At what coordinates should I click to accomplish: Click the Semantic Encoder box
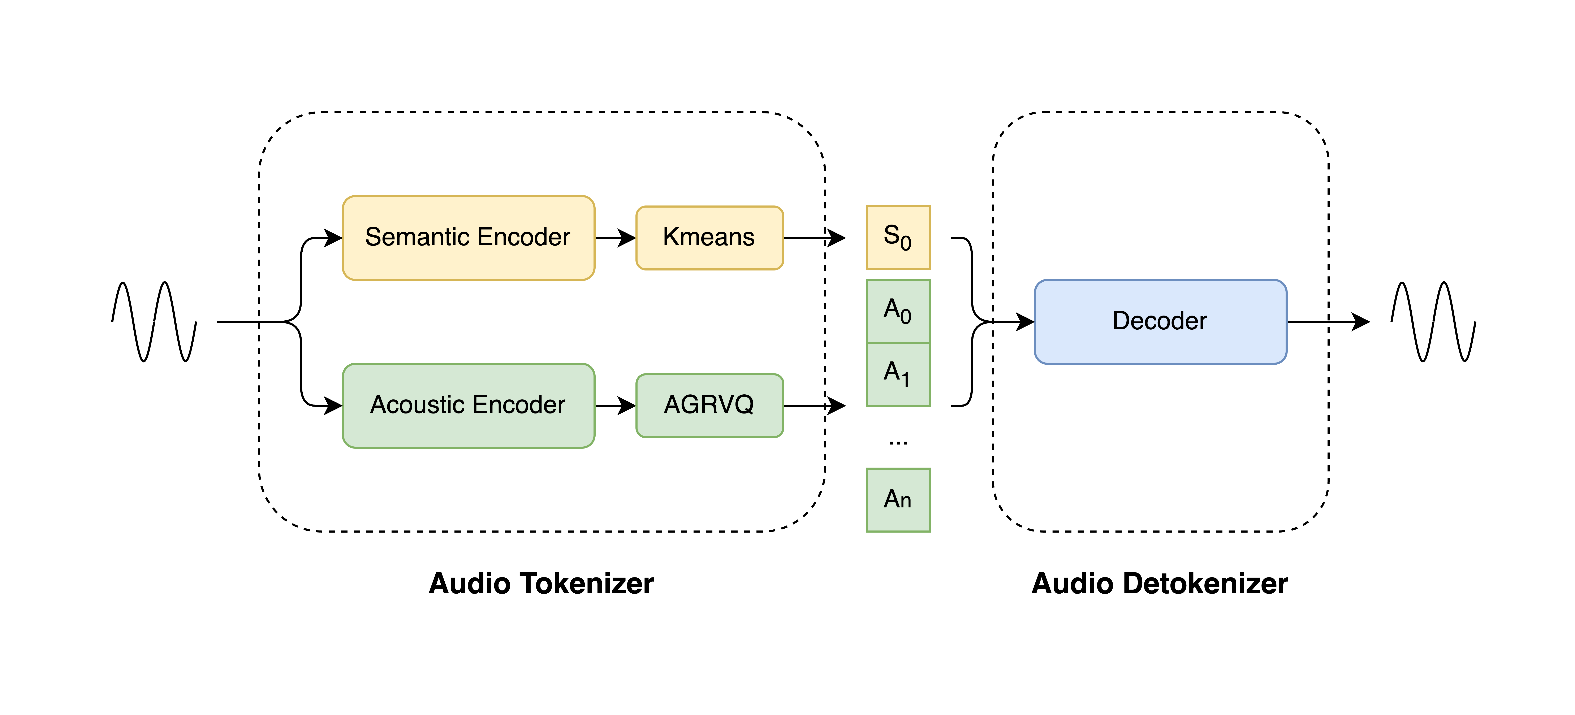click(468, 238)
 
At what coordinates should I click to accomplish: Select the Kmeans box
click(709, 238)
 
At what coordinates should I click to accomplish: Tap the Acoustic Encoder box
click(468, 405)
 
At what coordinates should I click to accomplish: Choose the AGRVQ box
click(709, 405)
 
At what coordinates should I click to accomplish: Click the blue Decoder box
click(1160, 321)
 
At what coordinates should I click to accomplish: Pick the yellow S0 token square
click(898, 238)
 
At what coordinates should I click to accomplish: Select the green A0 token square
click(898, 311)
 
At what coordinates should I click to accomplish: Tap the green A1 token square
click(898, 374)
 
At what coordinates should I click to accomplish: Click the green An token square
click(898, 500)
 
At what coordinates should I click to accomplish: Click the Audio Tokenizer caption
click(541, 584)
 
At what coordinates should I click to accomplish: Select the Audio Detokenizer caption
click(1160, 584)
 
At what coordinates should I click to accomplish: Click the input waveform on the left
click(154, 321)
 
